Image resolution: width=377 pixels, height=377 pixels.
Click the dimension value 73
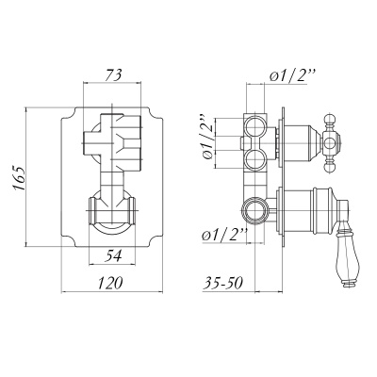coord(113,75)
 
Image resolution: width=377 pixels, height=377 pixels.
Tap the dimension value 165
coord(19,177)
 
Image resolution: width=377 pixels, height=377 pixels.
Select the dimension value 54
coord(112,256)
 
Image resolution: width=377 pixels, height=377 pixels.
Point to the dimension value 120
coord(109,283)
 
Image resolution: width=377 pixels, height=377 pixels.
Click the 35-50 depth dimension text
coord(223,283)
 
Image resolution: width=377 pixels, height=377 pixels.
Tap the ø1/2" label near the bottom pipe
coord(223,235)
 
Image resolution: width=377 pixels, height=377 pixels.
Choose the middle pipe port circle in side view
coord(254,158)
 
